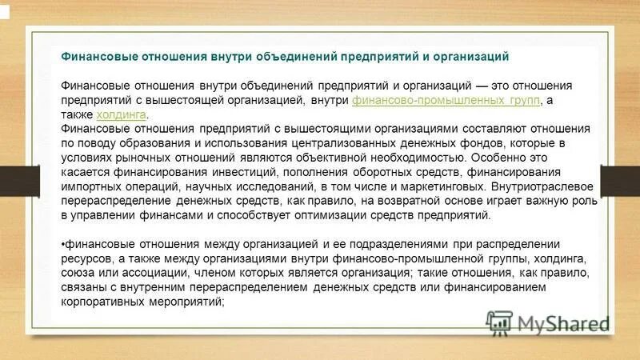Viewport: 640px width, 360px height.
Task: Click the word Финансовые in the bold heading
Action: coord(98,57)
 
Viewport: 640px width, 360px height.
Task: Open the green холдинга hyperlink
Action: coord(122,114)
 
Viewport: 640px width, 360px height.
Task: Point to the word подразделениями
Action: coord(355,244)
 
